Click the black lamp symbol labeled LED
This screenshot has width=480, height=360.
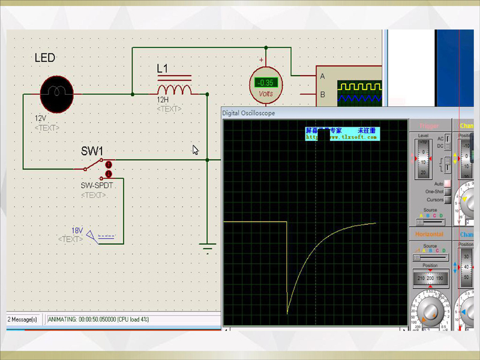click(x=56, y=94)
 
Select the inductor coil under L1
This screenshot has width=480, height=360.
click(x=174, y=89)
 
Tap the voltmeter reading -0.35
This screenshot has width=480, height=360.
click(x=265, y=82)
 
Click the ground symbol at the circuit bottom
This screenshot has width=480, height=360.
click(x=208, y=247)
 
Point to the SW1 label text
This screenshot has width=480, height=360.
click(x=92, y=151)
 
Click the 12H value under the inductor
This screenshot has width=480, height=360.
click(x=163, y=100)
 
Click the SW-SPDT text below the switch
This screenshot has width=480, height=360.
click(x=97, y=186)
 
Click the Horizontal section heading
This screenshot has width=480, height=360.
click(x=429, y=234)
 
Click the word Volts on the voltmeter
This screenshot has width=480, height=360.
click(x=265, y=94)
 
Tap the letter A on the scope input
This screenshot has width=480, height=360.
click(x=322, y=76)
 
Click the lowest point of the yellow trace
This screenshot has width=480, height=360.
click(x=287, y=313)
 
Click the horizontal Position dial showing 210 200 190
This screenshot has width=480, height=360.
click(x=430, y=278)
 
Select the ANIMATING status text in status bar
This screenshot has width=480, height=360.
click(x=98, y=319)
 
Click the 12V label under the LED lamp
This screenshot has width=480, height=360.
click(x=40, y=118)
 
